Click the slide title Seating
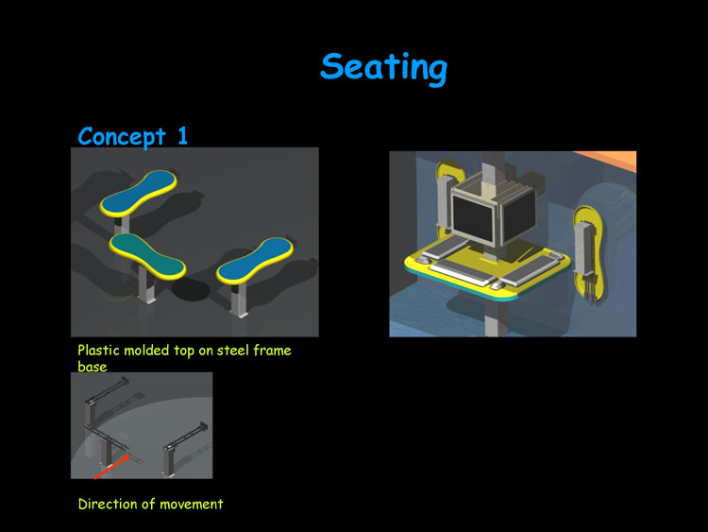click(384, 68)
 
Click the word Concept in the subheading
click(122, 136)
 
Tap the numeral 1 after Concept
click(182, 135)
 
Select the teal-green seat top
click(147, 255)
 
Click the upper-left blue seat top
click(139, 193)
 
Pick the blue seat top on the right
click(255, 261)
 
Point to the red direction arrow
click(112, 467)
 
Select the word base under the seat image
click(93, 367)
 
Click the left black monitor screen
click(472, 220)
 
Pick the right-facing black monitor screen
click(519, 215)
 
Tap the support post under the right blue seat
click(239, 300)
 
